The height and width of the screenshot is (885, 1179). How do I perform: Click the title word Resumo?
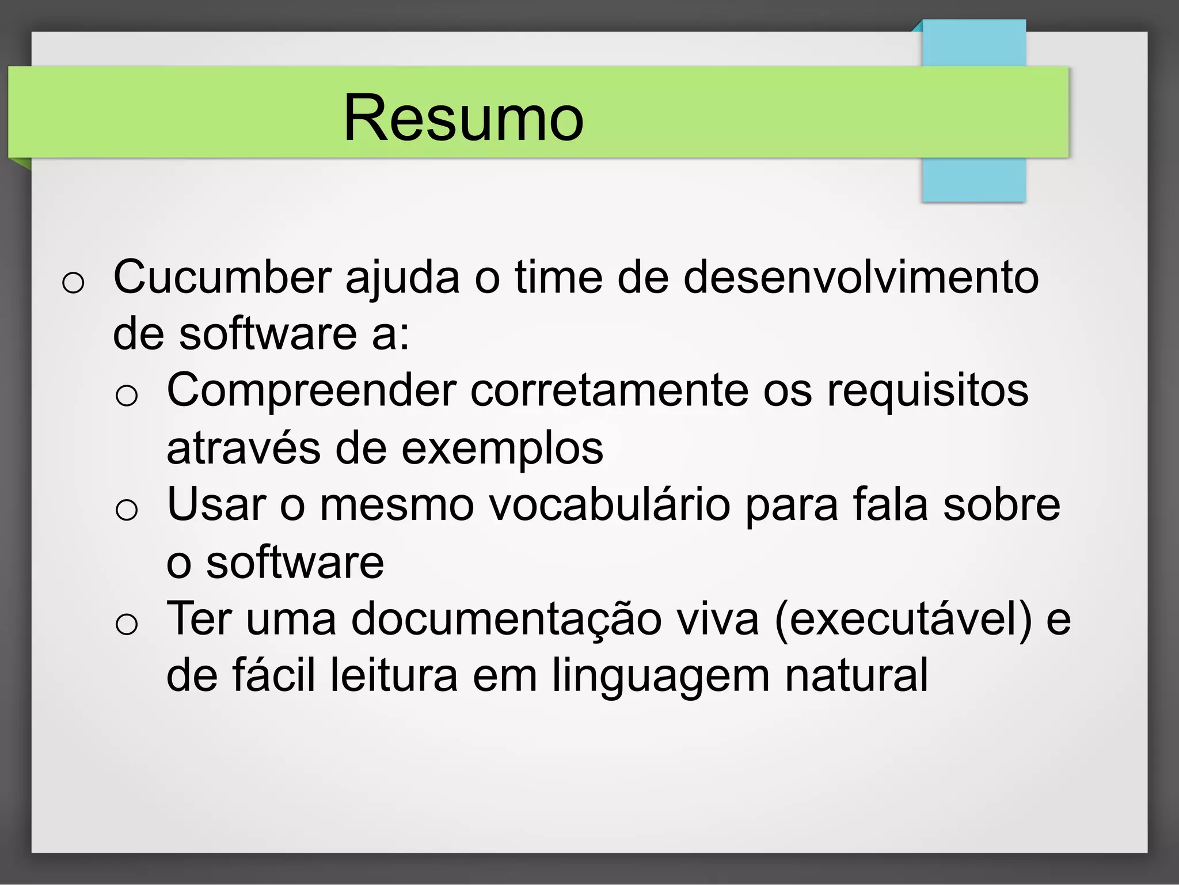[463, 118]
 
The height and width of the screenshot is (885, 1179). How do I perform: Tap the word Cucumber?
[222, 278]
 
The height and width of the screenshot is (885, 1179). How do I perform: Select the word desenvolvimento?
[861, 278]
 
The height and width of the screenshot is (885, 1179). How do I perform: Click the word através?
[243, 449]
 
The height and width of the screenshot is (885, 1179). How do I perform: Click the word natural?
[856, 675]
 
